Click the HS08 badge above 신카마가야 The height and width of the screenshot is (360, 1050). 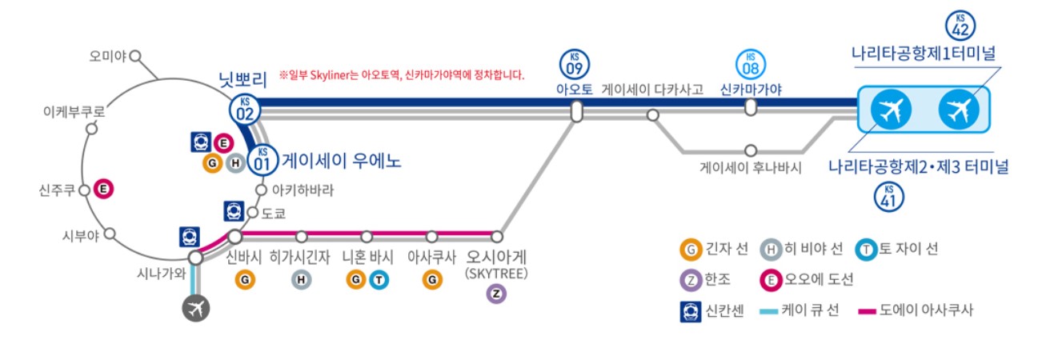[x=750, y=62]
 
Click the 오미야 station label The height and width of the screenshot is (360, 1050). [x=109, y=56]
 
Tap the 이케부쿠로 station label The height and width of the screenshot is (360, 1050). [x=74, y=113]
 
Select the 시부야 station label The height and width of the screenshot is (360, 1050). [x=81, y=235]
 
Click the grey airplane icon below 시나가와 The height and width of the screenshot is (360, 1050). [x=194, y=307]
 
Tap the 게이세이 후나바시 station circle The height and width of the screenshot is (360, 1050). [x=750, y=150]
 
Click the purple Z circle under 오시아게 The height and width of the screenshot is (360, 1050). [x=496, y=294]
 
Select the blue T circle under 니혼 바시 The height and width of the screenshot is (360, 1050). [x=379, y=279]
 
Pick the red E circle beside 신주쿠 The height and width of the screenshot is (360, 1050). [x=103, y=190]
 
